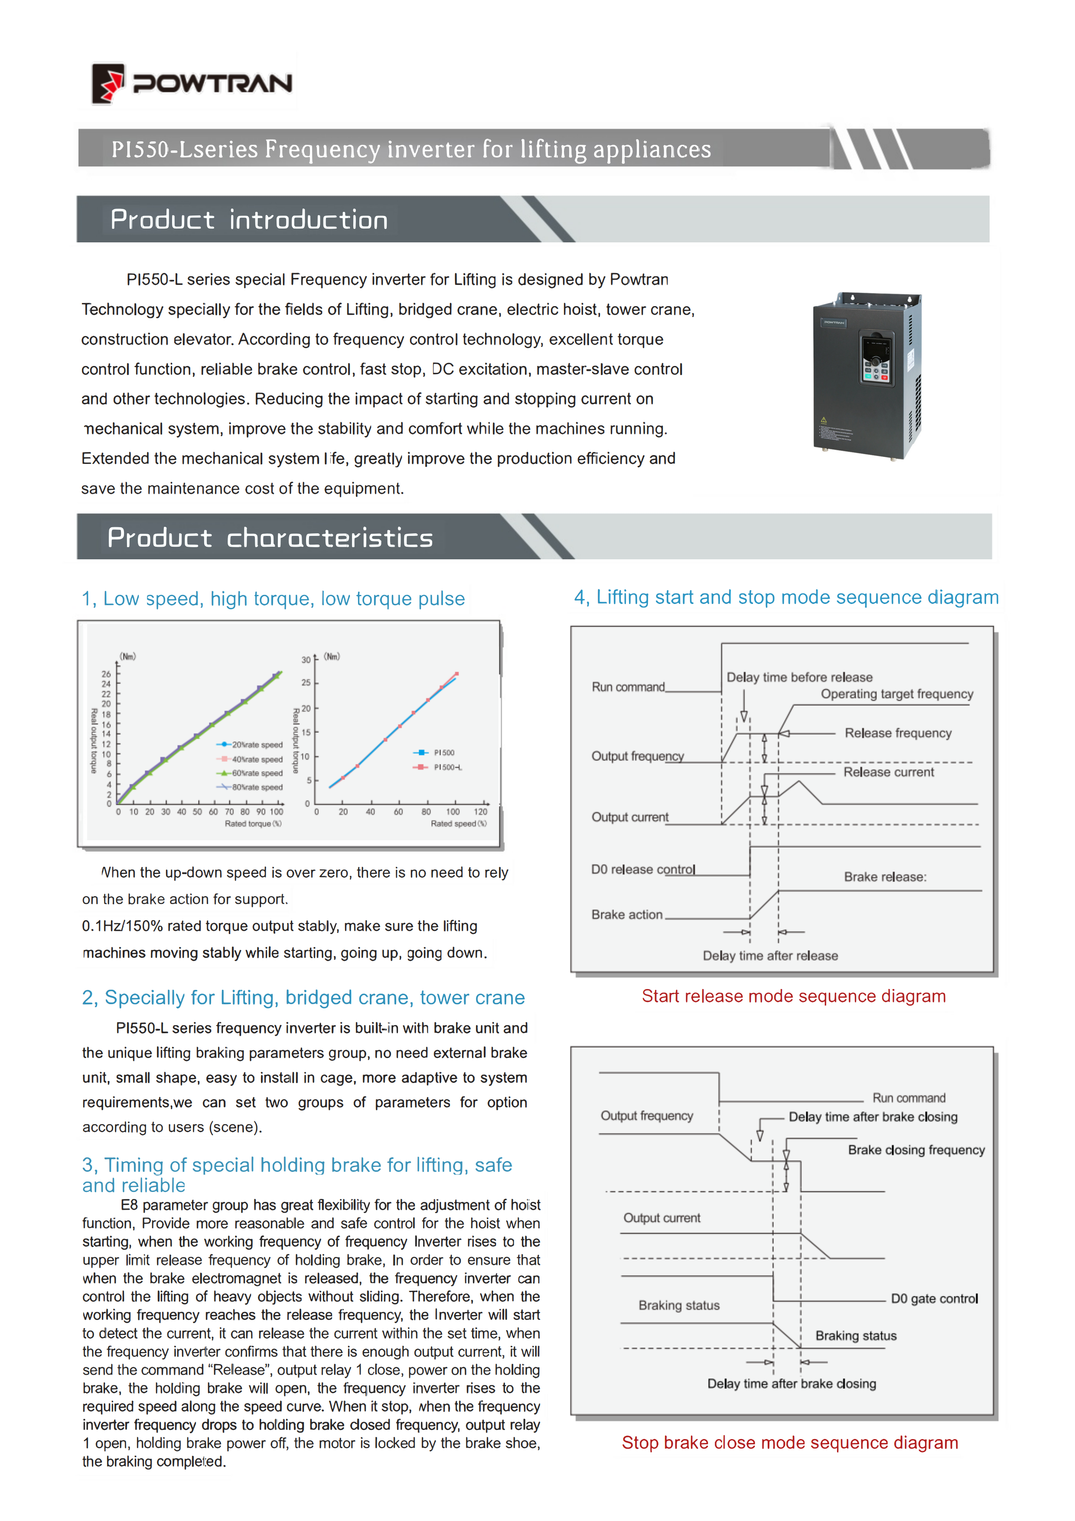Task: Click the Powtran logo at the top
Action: pos(192,84)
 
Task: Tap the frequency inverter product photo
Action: pos(867,375)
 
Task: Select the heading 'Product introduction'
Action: pos(249,220)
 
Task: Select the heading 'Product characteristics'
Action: pos(270,538)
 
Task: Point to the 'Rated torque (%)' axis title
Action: pos(253,823)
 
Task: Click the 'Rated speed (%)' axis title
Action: pos(458,823)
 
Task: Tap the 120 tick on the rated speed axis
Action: pos(480,812)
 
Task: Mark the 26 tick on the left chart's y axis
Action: pos(106,674)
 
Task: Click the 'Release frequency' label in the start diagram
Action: pos(897,733)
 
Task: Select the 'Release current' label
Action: pos(888,773)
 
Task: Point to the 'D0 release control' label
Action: pos(642,870)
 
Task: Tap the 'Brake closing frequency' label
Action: pos(916,1150)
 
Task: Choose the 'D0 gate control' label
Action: pos(934,1299)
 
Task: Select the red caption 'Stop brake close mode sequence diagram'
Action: pos(789,1443)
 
